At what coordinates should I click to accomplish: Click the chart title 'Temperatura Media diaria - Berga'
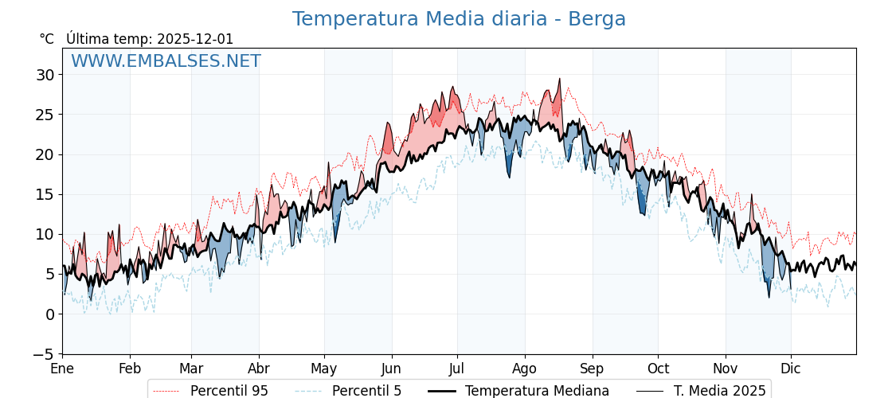(x=459, y=19)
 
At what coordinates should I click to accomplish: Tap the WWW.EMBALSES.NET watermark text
(x=166, y=61)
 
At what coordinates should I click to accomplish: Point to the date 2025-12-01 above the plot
(x=195, y=39)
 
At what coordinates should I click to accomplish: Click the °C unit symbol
(x=47, y=39)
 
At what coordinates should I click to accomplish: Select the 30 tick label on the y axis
(x=45, y=75)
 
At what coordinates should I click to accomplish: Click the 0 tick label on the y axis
(x=49, y=314)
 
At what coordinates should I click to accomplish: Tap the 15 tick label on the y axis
(x=45, y=194)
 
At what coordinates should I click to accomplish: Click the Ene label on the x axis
(x=62, y=369)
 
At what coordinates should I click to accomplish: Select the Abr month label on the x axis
(x=259, y=369)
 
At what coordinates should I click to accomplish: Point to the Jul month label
(x=457, y=369)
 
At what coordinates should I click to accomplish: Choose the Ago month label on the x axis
(x=524, y=369)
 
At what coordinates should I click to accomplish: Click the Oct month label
(x=658, y=369)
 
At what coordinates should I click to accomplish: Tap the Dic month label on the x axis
(x=791, y=369)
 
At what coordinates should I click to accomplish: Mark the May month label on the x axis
(x=324, y=369)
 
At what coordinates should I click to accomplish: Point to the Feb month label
(x=130, y=369)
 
